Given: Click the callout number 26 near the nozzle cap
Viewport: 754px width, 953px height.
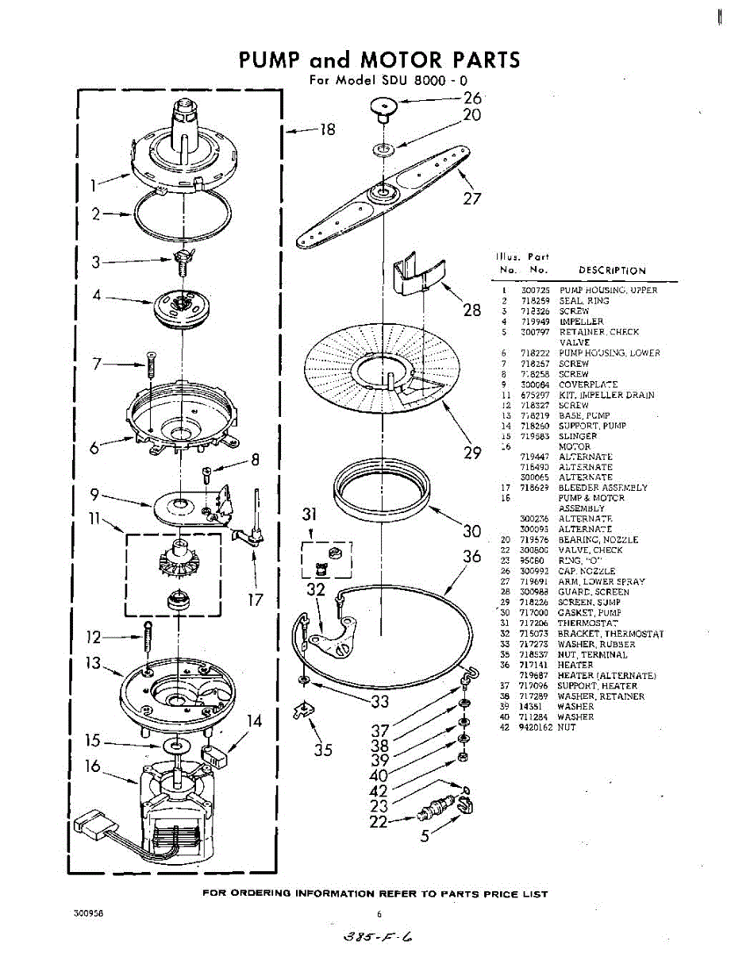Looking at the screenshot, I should pyautogui.click(x=472, y=98).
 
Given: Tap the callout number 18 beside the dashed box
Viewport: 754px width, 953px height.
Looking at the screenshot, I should pyautogui.click(x=327, y=129).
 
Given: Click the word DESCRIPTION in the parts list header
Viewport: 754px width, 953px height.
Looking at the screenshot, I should pyautogui.click(x=612, y=270).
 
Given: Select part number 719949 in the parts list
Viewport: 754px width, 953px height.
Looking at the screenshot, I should pyautogui.click(x=535, y=322).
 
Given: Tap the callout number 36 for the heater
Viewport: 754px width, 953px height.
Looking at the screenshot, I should pyautogui.click(x=472, y=557).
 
